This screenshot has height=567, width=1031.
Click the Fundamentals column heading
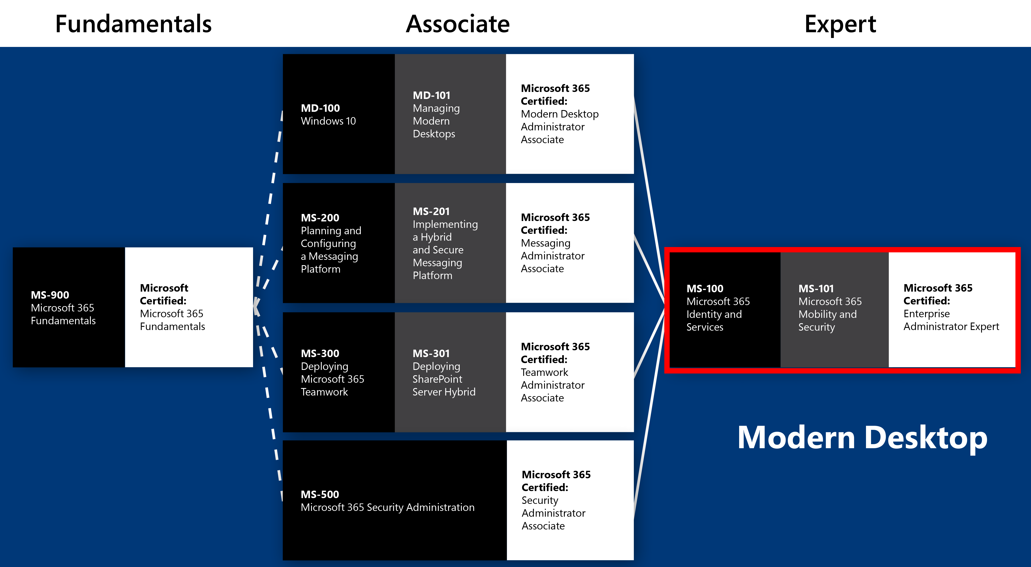pyautogui.click(x=133, y=24)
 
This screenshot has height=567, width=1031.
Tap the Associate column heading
pyautogui.click(x=458, y=24)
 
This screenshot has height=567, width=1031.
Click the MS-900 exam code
pyautogui.click(x=50, y=295)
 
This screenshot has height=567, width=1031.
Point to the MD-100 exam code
pyautogui.click(x=320, y=108)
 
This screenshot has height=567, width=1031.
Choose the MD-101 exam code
pyautogui.click(x=432, y=95)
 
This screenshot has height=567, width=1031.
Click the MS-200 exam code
pyautogui.click(x=320, y=218)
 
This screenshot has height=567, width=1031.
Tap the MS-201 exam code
pyautogui.click(x=431, y=211)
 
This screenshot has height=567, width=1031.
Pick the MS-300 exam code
pyautogui.click(x=320, y=353)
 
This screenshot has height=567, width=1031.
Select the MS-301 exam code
pyautogui.click(x=431, y=353)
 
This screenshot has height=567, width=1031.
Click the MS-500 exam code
pyautogui.click(x=320, y=494)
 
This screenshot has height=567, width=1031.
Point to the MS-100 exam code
pyautogui.click(x=705, y=289)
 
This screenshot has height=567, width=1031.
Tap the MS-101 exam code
pyautogui.click(x=816, y=289)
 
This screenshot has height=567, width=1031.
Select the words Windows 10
pyautogui.click(x=328, y=121)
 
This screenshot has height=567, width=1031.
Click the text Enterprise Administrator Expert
pyautogui.click(x=951, y=320)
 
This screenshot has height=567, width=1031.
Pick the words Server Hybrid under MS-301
pyautogui.click(x=444, y=392)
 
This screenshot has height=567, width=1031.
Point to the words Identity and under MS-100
pyautogui.click(x=714, y=315)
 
